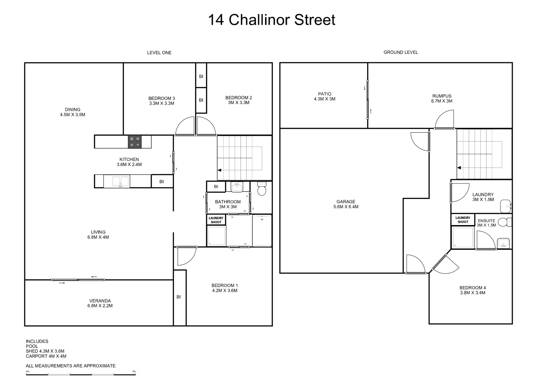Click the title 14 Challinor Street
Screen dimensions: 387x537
pos(272,20)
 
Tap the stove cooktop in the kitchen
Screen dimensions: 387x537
pos(135,142)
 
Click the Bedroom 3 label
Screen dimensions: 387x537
pos(162,101)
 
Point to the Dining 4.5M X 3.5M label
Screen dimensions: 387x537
pos(73,112)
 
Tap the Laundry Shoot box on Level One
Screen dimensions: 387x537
pos(216,220)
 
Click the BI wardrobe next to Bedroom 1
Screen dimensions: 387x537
pos(179,297)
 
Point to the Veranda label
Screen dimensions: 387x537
pos(100,303)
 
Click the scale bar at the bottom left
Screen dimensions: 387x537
pos(81,374)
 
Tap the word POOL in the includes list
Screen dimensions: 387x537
pos(32,346)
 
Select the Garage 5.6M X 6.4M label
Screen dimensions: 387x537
pos(346,204)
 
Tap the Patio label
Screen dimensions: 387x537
pos(324,96)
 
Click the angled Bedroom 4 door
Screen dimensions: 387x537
pos(444,264)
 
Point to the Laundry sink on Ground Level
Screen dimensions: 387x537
pos(506,205)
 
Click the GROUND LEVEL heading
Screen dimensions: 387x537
pos(401,52)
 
